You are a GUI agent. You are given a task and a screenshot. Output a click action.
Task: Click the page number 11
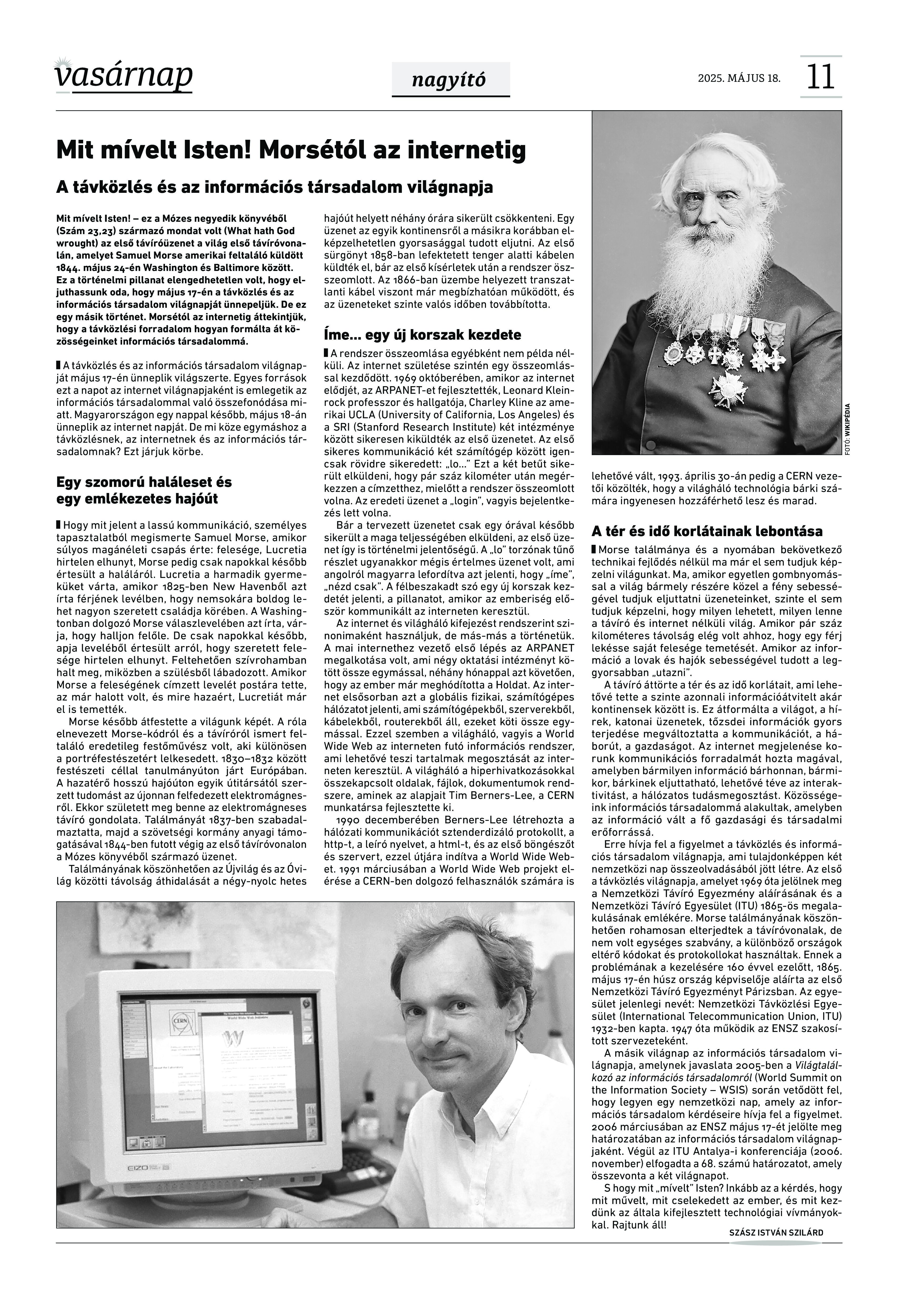coord(820,77)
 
